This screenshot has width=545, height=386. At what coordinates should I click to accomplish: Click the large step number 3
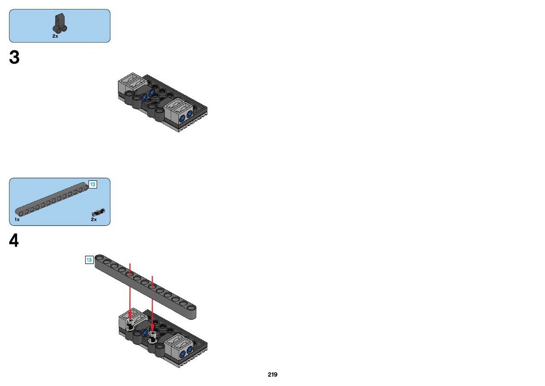tap(14, 58)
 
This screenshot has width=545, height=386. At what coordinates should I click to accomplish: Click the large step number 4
tap(14, 241)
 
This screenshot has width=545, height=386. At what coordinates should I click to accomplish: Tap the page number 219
tap(272, 374)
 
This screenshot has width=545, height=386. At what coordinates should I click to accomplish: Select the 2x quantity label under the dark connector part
tap(55, 36)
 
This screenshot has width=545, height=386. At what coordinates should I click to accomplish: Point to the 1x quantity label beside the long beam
tap(17, 219)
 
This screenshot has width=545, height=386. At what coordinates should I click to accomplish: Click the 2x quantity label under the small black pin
tap(94, 219)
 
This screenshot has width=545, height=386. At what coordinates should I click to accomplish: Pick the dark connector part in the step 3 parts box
tap(60, 23)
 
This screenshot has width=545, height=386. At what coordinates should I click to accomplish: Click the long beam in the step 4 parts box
tap(52, 199)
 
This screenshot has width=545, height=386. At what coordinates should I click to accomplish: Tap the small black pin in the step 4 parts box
tap(98, 212)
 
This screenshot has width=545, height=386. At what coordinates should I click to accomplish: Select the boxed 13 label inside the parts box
tap(93, 185)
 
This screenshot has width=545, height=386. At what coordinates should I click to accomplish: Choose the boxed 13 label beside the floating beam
tap(89, 260)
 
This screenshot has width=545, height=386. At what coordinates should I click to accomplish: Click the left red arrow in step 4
tap(130, 291)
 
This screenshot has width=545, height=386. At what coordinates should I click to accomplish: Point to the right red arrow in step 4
tap(152, 304)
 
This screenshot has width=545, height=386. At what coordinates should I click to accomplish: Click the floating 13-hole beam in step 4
tap(145, 287)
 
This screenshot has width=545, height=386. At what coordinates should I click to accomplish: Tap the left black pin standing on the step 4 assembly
tap(130, 325)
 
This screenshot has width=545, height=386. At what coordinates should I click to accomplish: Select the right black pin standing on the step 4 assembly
tap(152, 337)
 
